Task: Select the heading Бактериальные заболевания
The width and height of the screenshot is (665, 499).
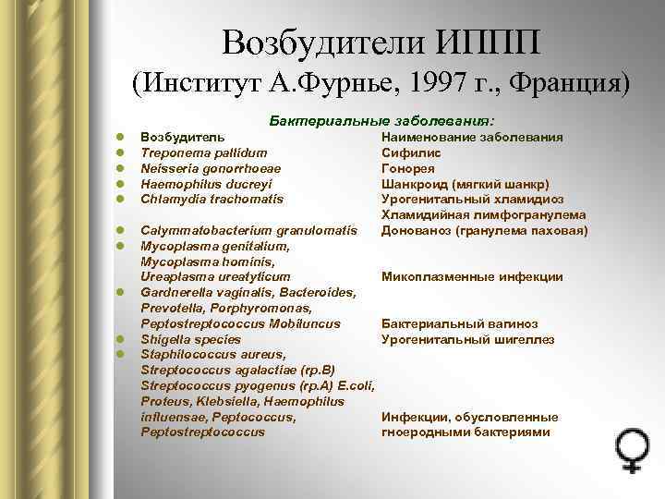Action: point(381,121)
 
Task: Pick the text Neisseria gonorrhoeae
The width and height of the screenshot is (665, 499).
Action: point(211,168)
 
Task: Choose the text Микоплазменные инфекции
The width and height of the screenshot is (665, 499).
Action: point(472,276)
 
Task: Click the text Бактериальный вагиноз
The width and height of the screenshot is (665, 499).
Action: point(460,323)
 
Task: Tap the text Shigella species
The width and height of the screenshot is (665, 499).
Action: point(189,339)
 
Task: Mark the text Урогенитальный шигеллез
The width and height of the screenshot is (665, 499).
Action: point(468,339)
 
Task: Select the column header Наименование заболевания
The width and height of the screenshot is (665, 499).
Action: point(473,137)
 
